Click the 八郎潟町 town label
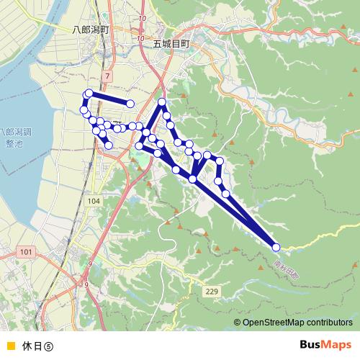tap(90, 31)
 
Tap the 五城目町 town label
tap(171, 43)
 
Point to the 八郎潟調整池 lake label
tap(14, 138)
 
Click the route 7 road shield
tap(108, 75)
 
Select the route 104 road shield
tap(94, 202)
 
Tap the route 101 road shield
tap(27, 251)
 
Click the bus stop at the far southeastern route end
tap(276, 247)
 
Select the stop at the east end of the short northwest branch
tap(131, 104)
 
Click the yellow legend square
tap(9, 344)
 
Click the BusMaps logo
tap(325, 343)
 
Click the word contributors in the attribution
tap(330, 323)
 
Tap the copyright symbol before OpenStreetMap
tap(238, 323)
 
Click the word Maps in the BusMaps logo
tap(336, 343)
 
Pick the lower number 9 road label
tap(86, 285)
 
